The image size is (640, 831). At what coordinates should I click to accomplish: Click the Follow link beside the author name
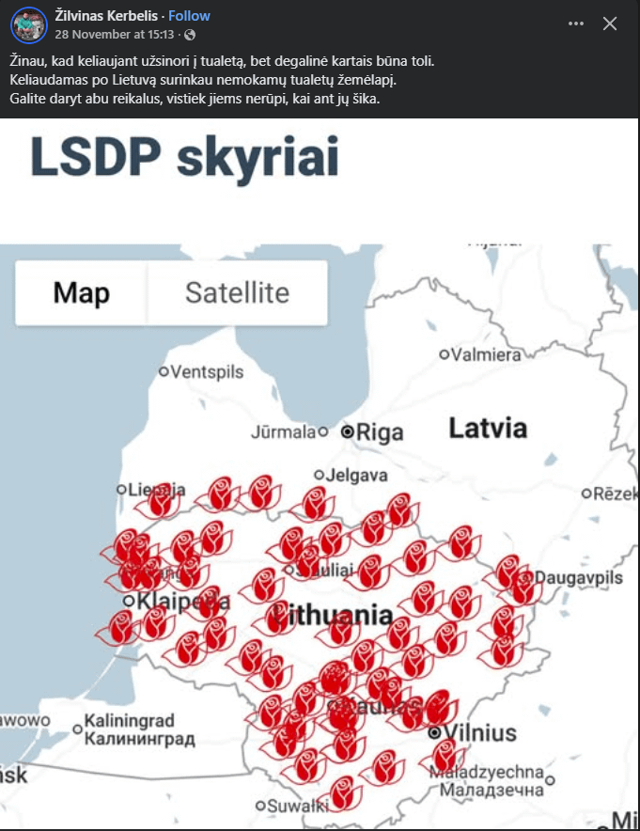pos(189,16)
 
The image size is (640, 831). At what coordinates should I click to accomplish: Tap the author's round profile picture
pos(29,25)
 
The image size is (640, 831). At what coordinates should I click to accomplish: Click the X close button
pos(610,24)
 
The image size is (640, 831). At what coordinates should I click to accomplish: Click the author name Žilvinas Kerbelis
pos(109,16)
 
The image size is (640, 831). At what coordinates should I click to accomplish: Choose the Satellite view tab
pos(237,292)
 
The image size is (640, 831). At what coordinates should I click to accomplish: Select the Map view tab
pos(82,292)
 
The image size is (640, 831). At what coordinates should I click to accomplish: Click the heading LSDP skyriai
pos(184,158)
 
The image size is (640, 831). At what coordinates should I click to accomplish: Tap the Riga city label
pos(380,432)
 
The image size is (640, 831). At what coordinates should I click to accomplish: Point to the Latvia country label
pos(488,429)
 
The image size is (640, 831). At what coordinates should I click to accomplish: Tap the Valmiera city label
pos(486,355)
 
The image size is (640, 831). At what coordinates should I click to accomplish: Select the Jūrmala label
pos(283,432)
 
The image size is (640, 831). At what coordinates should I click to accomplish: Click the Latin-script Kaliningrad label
pos(129,722)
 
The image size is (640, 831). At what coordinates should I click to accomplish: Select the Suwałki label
pos(297,806)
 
